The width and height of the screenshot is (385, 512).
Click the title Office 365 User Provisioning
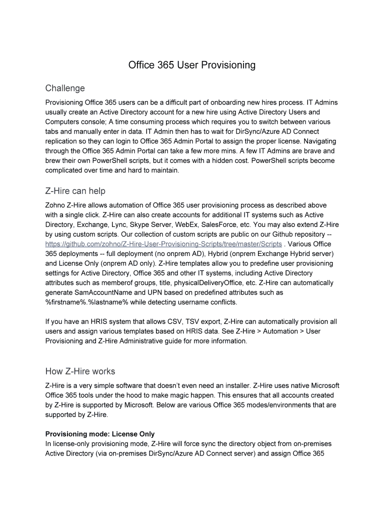192,65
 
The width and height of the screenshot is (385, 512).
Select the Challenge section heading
65,88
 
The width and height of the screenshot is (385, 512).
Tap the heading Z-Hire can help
75,191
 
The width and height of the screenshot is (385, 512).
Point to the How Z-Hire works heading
80,371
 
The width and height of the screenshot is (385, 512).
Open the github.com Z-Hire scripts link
163,244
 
